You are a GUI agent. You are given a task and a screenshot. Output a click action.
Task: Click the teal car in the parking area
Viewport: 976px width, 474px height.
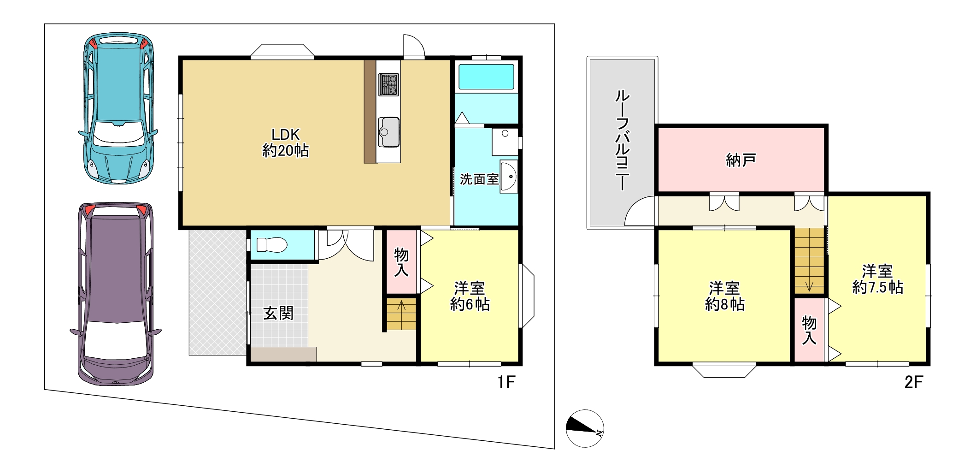pos(118,108)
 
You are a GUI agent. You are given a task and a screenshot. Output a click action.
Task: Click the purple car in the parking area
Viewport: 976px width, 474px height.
pos(116,294)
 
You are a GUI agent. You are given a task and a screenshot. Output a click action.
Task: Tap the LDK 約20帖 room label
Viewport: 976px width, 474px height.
pos(286,142)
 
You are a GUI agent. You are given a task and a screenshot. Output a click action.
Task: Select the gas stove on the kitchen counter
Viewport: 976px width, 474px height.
pos(388,84)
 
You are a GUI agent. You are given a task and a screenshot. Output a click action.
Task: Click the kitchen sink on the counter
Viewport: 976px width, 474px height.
pos(388,132)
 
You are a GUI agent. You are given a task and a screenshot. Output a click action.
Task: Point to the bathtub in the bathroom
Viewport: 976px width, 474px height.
pos(486,77)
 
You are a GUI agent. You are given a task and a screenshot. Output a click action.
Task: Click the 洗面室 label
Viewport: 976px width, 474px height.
pos(479,179)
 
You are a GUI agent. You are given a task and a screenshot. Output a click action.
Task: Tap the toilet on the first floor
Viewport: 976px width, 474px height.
pos(271,244)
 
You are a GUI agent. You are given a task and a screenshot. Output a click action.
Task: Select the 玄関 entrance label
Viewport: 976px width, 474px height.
pos(278,314)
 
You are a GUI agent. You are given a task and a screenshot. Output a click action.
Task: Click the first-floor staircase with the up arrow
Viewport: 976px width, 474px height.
pos(401,314)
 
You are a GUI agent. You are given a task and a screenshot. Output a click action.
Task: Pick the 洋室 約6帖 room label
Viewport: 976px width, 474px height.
pos(470,296)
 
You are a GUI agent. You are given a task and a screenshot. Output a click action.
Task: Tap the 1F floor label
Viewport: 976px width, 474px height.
pos(506,382)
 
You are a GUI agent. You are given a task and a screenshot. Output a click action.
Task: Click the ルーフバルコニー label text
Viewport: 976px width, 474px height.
pos(622,140)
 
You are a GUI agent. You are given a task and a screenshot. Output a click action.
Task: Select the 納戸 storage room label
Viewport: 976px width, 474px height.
pos(741,160)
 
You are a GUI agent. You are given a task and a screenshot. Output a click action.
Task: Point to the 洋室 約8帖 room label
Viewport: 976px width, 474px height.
pos(725,296)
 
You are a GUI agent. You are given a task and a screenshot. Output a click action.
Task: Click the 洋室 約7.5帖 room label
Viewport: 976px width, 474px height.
pos(877,279)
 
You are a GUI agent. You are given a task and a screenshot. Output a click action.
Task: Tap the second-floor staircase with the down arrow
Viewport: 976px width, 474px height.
pos(809,261)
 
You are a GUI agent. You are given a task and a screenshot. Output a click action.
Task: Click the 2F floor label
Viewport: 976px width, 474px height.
pos(914,382)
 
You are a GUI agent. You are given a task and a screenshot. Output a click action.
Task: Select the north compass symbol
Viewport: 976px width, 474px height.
pos(585,428)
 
